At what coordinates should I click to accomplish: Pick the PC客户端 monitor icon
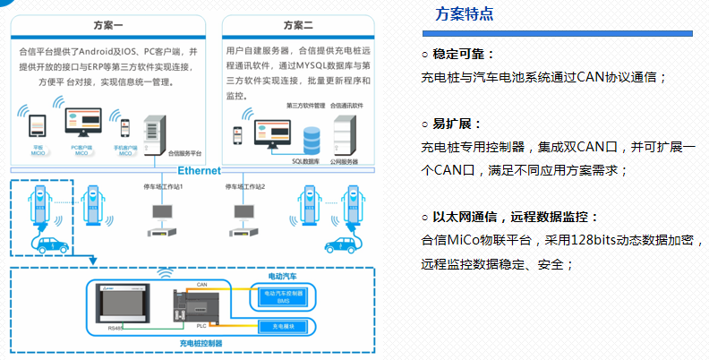click(81, 122)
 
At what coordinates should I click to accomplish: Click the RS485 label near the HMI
click(115, 330)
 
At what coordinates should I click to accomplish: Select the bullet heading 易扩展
click(457, 124)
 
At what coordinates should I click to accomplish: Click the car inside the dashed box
click(46, 242)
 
